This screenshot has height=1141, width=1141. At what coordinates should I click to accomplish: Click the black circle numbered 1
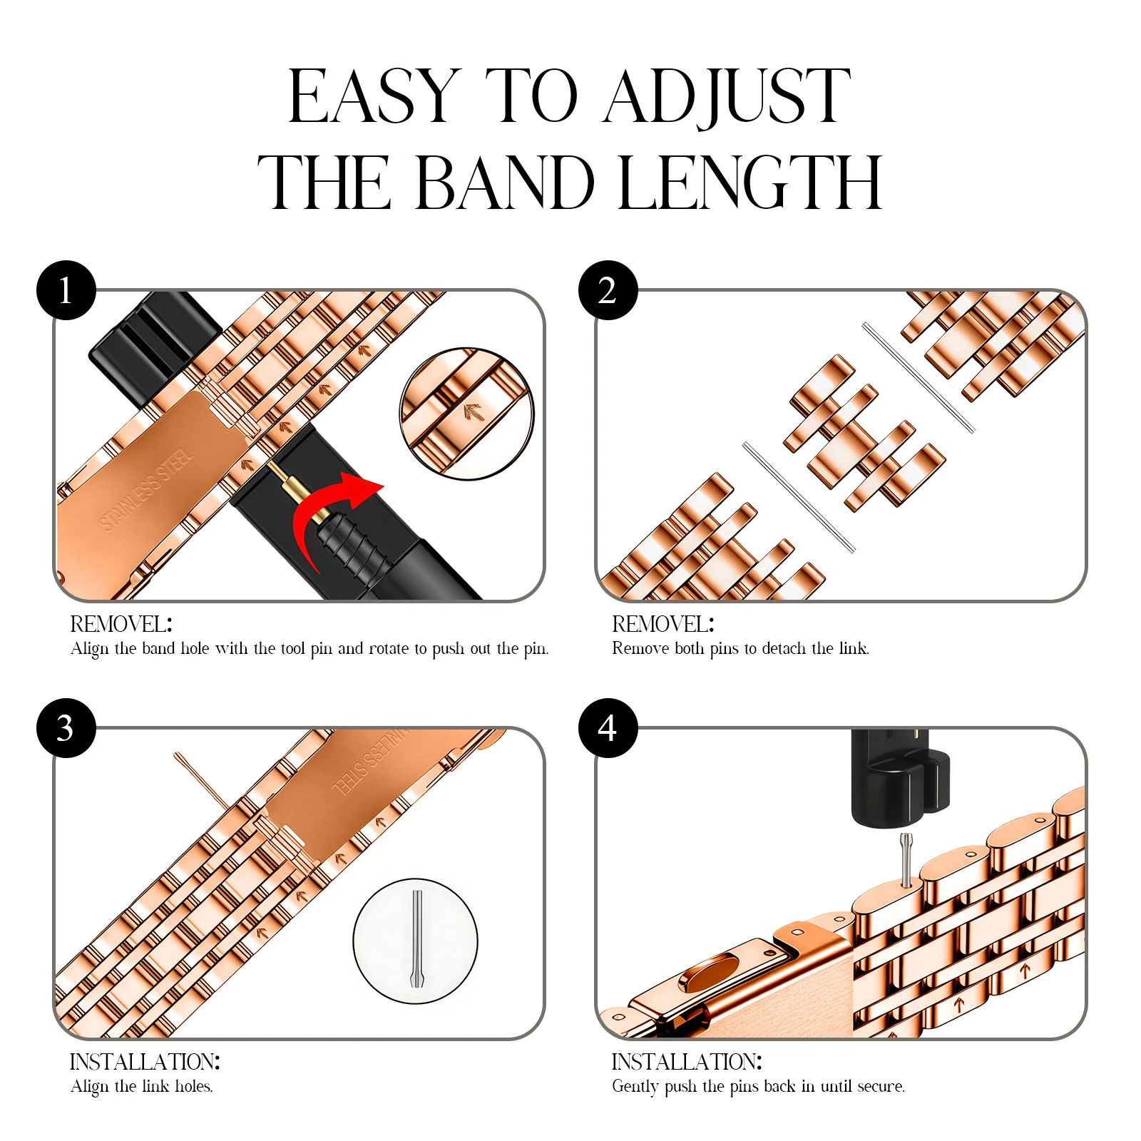[66, 290]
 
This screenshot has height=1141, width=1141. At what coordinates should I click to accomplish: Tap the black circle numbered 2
[608, 290]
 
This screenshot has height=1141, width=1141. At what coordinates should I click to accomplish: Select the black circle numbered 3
[66, 727]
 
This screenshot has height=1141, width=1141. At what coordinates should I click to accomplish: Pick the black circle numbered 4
[608, 727]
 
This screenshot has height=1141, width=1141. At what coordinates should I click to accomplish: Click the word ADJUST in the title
[727, 98]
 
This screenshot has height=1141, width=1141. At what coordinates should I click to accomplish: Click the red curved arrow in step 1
[335, 517]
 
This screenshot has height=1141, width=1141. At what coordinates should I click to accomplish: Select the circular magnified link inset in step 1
[467, 414]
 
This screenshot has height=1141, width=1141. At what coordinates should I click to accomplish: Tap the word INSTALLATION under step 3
[143, 1062]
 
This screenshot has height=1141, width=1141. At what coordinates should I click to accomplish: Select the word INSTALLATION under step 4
[685, 1062]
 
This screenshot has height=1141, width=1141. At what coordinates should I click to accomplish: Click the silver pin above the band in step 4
[906, 860]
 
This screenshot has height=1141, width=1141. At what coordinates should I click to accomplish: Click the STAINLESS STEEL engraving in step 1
[146, 489]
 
